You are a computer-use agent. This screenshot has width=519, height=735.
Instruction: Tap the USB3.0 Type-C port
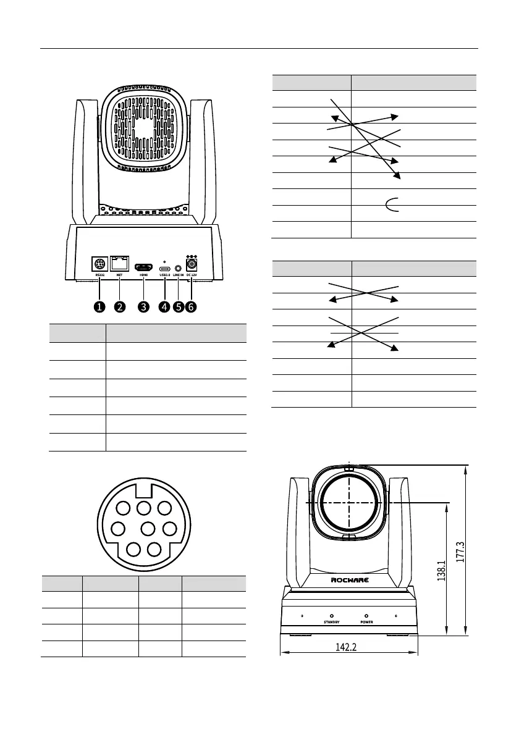pos(165,269)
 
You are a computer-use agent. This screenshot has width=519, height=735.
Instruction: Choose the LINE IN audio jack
pos(178,269)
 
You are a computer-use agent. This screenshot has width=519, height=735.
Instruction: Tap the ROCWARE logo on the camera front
pos(349,579)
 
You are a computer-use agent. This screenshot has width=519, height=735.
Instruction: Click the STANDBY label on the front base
pos(332,623)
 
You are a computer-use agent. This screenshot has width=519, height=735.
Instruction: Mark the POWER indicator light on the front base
pos(366,616)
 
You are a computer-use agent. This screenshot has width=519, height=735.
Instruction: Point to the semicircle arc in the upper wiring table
pos(392,205)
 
